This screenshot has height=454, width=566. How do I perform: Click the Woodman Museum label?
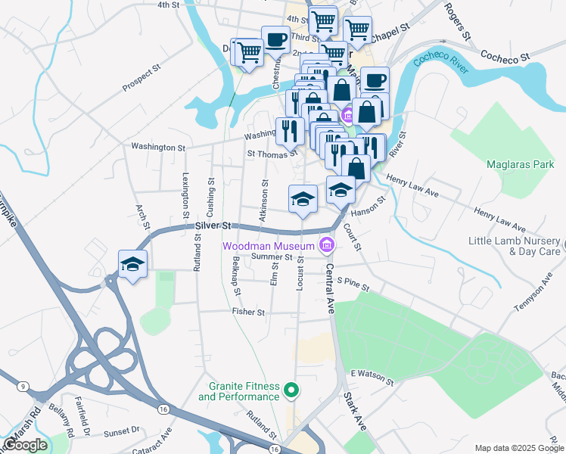click(x=267, y=246)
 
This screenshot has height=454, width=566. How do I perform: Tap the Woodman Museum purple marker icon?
click(x=327, y=244)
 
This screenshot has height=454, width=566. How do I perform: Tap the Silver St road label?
click(x=211, y=225)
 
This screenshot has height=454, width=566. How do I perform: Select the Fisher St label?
click(x=249, y=311)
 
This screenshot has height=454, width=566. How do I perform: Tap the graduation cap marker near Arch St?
click(x=133, y=264)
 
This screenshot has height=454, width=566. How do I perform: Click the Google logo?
click(x=25, y=445)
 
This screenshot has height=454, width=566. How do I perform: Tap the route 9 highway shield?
click(x=23, y=387)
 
